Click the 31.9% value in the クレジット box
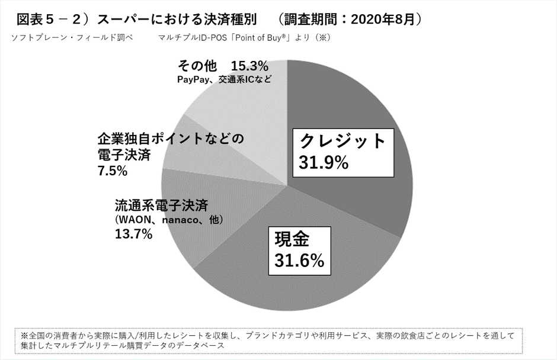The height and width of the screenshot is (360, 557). (x=323, y=163)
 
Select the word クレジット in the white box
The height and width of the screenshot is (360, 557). (x=342, y=141)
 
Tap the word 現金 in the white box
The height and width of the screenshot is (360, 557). (x=293, y=240)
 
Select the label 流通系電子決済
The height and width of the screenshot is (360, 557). (x=161, y=205)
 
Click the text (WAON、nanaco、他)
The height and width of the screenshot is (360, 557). (x=161, y=220)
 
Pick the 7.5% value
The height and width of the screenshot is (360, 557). (x=113, y=171)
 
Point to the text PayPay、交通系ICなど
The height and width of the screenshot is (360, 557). (x=224, y=79)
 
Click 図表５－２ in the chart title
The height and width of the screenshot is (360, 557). (x=47, y=19)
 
